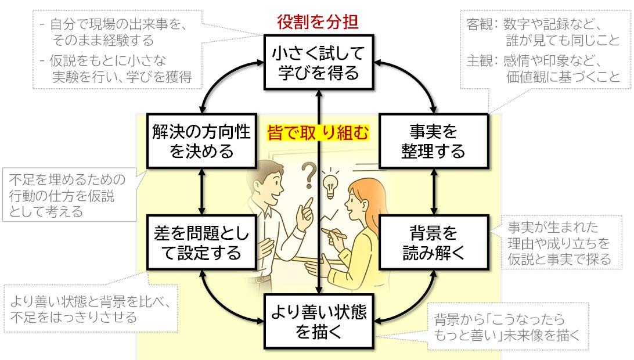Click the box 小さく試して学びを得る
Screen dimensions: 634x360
click(x=319, y=62)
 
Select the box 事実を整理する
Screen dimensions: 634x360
click(x=434, y=141)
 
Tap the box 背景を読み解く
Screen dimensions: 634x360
click(x=434, y=242)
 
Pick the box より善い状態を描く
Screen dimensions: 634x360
click(x=319, y=322)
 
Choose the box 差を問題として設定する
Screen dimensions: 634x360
click(x=202, y=242)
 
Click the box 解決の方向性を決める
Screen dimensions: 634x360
click(x=202, y=141)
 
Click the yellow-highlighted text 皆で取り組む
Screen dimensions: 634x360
click(x=318, y=132)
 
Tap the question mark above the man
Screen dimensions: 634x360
click(x=309, y=175)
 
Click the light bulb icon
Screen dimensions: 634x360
click(x=330, y=186)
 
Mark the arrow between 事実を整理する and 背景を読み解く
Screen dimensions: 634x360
click(x=434, y=192)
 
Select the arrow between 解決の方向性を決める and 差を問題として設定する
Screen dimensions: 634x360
click(x=202, y=192)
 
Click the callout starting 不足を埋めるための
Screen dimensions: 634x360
click(x=70, y=195)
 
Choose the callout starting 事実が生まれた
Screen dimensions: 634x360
click(x=561, y=243)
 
